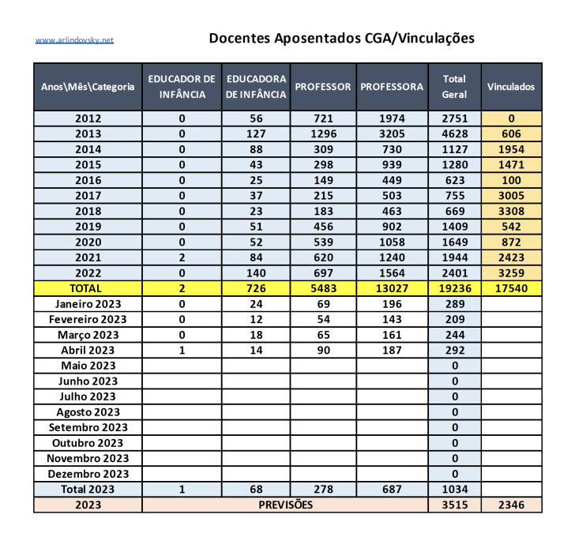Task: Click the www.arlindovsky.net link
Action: [74, 39]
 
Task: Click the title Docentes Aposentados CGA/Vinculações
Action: [341, 38]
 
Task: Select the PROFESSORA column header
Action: [392, 87]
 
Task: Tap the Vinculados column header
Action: [511, 87]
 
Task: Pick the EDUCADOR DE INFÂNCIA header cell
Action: [182, 87]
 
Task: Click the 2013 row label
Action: [88, 133]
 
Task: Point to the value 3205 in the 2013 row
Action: [392, 133]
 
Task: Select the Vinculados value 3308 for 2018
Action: [511, 211]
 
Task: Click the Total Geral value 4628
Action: [454, 133]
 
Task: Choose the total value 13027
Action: [392, 288]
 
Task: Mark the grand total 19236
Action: [454, 288]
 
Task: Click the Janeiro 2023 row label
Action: [88, 304]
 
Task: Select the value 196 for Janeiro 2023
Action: [392, 304]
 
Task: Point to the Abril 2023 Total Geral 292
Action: [454, 350]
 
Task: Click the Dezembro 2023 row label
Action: [88, 474]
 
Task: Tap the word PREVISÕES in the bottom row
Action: [285, 505]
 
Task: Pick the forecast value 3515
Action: [454, 505]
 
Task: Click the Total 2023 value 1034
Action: [454, 490]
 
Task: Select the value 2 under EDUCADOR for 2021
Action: [182, 257]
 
